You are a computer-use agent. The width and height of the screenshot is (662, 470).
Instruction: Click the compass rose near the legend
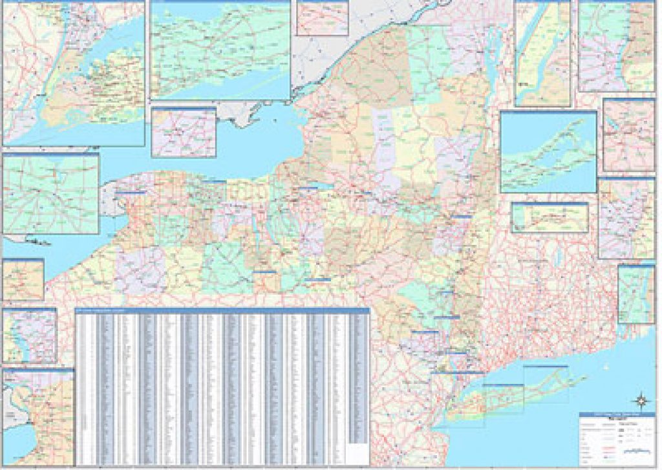(x=640, y=399)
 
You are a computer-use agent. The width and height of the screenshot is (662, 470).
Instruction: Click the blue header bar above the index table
(x=222, y=311)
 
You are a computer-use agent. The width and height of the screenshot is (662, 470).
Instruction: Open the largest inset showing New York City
(x=73, y=73)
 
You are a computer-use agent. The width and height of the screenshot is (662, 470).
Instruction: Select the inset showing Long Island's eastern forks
(x=548, y=152)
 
